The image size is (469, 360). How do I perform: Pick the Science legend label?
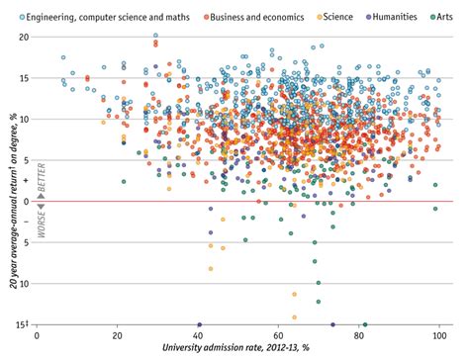click(x=328, y=17)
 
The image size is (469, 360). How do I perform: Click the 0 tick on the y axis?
click(x=25, y=201)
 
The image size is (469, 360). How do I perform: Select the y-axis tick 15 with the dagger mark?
click(x=21, y=324)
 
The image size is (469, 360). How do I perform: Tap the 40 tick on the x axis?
click(x=199, y=336)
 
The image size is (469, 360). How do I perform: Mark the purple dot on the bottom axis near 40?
click(x=199, y=324)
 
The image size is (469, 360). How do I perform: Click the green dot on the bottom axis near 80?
click(x=366, y=324)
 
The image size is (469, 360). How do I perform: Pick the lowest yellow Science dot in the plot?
click(x=295, y=316)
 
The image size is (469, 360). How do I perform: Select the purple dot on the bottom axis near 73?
click(x=332, y=324)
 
